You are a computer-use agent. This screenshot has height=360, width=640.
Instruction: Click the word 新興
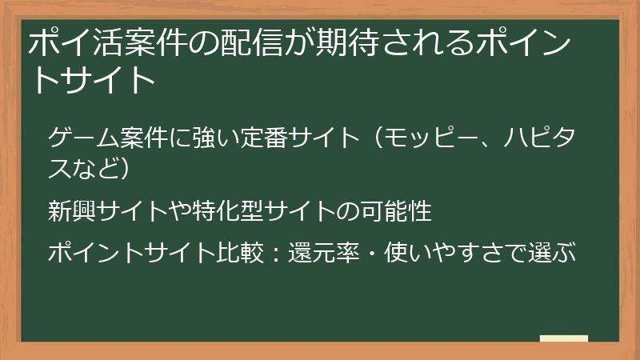click(71, 212)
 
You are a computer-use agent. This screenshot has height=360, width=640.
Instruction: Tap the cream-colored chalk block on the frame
click(564, 338)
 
